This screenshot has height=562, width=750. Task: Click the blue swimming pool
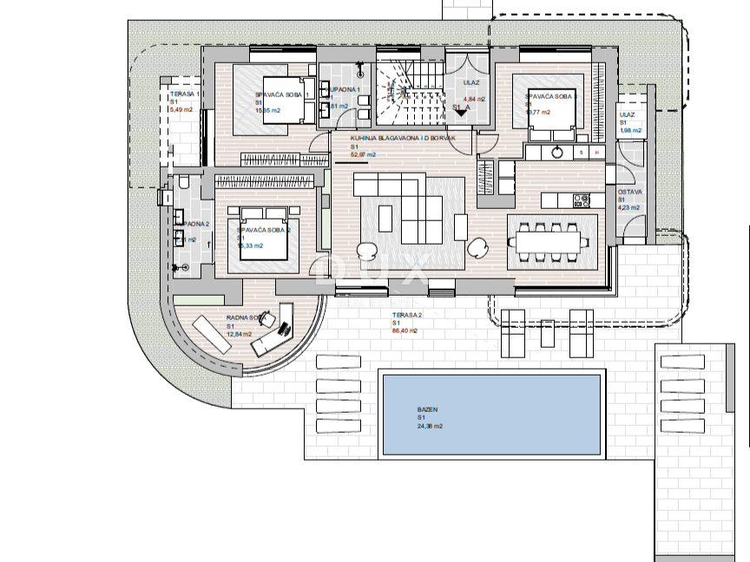click(x=490, y=415)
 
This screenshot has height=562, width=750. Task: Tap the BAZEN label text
click(x=428, y=410)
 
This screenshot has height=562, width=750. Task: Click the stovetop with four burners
click(x=581, y=200)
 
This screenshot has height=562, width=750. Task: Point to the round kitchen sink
click(x=557, y=152)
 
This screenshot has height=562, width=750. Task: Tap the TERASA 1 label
click(x=185, y=94)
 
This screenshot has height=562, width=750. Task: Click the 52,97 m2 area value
click(x=363, y=155)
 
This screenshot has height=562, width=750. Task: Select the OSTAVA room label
click(x=628, y=191)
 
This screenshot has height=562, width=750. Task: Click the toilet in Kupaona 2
click(x=183, y=184)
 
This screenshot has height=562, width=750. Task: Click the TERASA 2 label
click(x=406, y=316)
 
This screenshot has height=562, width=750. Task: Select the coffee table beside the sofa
click(x=460, y=227)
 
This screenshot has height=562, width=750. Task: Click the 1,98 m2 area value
click(x=630, y=131)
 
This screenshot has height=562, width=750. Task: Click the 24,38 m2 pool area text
click(x=430, y=426)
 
